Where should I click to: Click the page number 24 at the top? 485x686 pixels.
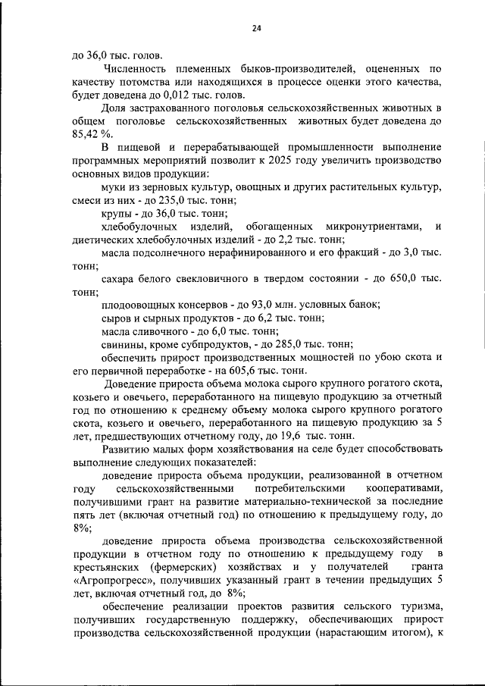coord(257,28)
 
